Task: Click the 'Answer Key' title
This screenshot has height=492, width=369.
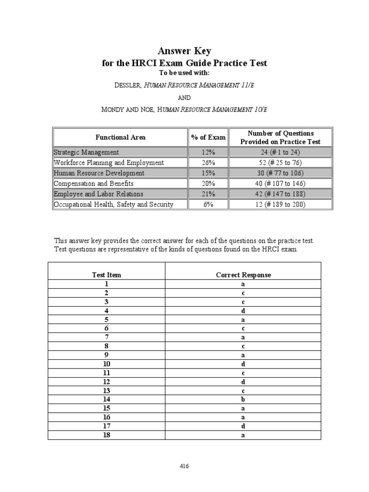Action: click(184, 51)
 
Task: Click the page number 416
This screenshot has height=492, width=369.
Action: click(184, 466)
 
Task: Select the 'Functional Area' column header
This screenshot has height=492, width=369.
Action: click(120, 137)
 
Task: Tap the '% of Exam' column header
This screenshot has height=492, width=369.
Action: click(208, 137)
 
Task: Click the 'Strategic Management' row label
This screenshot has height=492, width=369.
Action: click(86, 152)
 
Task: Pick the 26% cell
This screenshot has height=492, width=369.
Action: click(208, 163)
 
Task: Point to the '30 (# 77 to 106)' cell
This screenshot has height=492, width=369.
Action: click(280, 173)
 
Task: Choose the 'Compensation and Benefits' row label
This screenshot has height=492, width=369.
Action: click(94, 184)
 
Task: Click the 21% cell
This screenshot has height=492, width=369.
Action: click(208, 194)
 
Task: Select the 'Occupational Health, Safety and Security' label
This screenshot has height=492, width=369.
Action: click(113, 205)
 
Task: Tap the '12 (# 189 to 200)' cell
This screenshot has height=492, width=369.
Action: click(280, 205)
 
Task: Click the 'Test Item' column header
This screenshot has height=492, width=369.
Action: click(107, 275)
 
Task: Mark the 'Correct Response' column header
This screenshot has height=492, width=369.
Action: click(243, 275)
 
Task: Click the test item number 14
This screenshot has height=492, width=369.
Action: click(107, 399)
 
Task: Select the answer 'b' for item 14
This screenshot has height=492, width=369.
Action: click(243, 399)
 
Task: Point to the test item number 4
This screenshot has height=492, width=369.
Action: click(107, 311)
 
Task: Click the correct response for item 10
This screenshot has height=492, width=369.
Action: click(243, 364)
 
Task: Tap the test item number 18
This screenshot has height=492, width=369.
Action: click(107, 435)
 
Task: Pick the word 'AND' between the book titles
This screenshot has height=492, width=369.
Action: click(184, 97)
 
